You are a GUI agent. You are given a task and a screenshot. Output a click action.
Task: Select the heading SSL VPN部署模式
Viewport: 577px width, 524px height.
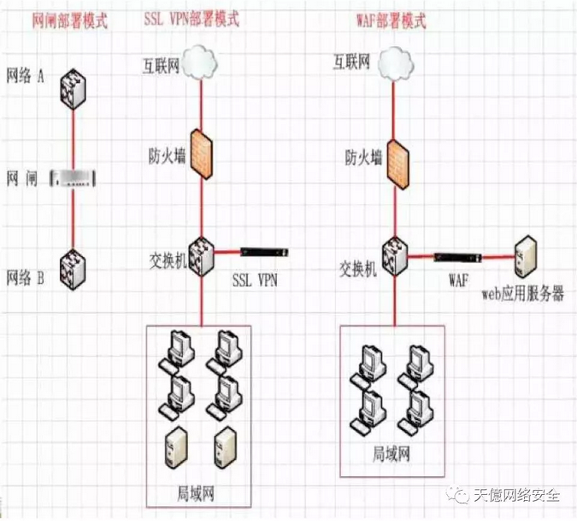[x=192, y=20]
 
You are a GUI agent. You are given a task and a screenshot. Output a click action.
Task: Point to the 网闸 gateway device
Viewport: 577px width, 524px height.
[x=74, y=178]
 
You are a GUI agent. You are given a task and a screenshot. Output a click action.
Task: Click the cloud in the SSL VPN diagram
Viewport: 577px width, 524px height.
[x=202, y=62]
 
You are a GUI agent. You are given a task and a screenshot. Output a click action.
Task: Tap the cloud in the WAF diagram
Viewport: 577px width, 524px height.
[x=395, y=61]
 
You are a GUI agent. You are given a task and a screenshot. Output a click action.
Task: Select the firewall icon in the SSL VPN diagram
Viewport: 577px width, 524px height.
[x=202, y=154]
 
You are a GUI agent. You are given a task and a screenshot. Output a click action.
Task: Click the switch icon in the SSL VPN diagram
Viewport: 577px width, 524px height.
[x=202, y=254]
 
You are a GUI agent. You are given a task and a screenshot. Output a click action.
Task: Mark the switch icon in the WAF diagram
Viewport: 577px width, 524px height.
[x=394, y=253]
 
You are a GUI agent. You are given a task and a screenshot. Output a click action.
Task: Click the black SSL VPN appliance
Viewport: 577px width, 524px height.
[x=264, y=253]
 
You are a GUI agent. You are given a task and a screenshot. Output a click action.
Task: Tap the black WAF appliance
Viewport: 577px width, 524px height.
[x=457, y=255]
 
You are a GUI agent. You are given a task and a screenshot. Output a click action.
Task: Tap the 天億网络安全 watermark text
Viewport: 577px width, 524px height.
[x=517, y=496]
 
